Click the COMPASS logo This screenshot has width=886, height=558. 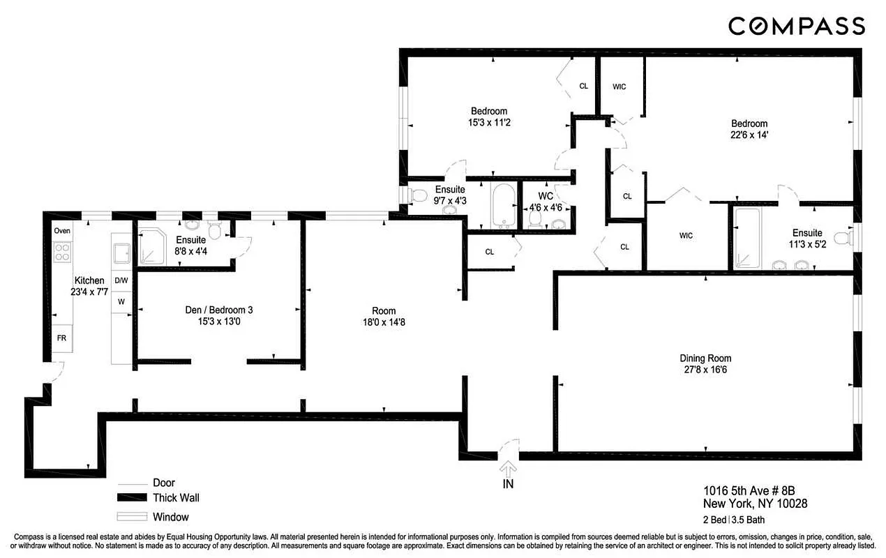point(797,27)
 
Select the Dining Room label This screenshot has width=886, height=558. point(705,359)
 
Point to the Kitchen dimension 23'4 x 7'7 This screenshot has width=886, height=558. point(89,292)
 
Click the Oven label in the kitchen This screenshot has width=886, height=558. point(62,231)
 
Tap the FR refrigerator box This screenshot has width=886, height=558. point(62,338)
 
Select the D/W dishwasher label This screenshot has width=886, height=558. point(121,280)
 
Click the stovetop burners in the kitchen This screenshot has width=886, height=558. point(62,251)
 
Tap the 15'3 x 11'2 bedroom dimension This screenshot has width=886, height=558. point(489,122)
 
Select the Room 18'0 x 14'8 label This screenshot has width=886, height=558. point(384,316)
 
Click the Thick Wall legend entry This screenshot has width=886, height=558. point(176,498)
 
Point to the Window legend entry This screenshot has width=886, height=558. point(170,517)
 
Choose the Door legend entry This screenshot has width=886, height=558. point(163,483)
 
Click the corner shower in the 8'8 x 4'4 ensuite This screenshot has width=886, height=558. point(150,248)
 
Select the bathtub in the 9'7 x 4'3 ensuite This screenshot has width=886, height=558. point(502,205)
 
